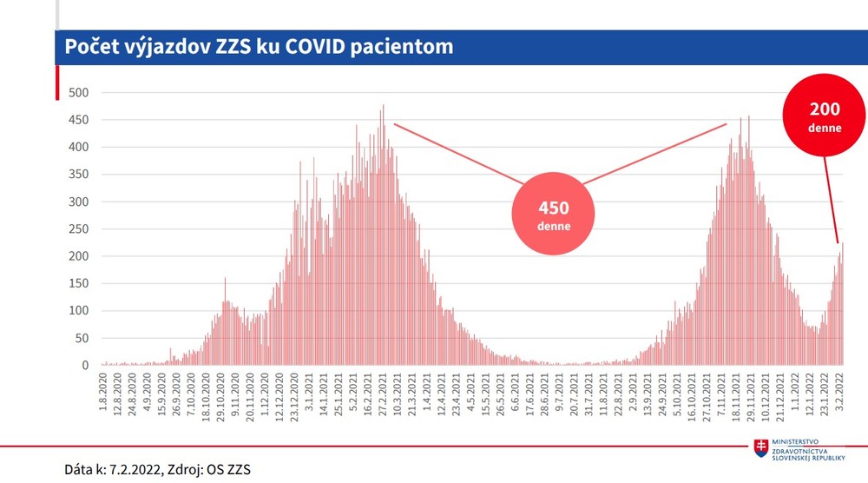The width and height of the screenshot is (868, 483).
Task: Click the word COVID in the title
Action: coord(325,46)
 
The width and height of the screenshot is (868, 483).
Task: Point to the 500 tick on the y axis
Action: coord(79,93)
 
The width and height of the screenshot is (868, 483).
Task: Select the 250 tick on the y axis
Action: coord(79,229)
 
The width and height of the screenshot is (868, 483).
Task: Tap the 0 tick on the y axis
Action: coord(85,366)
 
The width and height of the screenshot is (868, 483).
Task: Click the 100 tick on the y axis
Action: coord(79,311)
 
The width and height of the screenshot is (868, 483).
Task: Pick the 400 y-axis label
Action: coord(79,148)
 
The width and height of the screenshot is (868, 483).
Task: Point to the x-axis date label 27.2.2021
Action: coord(383,396)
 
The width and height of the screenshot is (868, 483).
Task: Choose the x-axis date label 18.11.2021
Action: coord(735,397)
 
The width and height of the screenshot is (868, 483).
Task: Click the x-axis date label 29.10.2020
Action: coord(222,397)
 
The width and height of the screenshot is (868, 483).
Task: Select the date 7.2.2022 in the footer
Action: coord(135,469)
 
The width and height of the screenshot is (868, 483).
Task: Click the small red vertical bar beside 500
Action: coord(57,84)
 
